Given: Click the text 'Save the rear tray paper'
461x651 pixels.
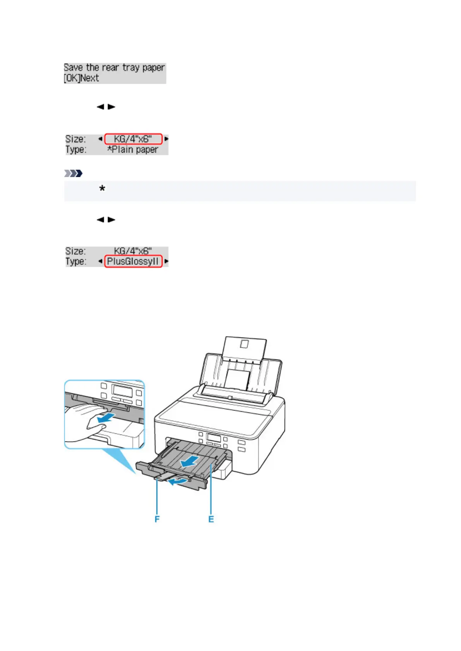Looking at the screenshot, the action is coord(114,68).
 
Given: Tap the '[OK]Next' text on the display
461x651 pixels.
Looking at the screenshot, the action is coord(81,78).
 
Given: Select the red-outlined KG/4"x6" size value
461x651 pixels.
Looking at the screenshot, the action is coord(133,139).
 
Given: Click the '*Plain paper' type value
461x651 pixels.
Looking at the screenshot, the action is coord(133,150).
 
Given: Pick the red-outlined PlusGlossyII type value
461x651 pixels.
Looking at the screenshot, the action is coord(133,261).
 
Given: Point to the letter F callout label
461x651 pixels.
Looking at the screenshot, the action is coord(157,519).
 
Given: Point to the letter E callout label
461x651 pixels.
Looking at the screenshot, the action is coord(211,519).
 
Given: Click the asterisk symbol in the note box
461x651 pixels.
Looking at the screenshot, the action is coord(102,189).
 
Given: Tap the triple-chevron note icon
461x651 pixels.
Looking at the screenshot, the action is coord(73,173).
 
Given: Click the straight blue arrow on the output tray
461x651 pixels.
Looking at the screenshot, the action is coord(190,460).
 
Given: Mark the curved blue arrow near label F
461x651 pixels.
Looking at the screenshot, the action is coord(179,481).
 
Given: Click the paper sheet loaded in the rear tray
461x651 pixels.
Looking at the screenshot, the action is coord(237,379).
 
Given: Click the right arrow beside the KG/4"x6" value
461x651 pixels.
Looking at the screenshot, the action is coord(166,139).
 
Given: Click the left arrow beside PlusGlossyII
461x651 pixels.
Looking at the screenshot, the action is coord(100,261).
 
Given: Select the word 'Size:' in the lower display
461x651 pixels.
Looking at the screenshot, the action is coord(75,251).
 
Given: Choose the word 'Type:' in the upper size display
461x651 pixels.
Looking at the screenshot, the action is coord(76,150).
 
